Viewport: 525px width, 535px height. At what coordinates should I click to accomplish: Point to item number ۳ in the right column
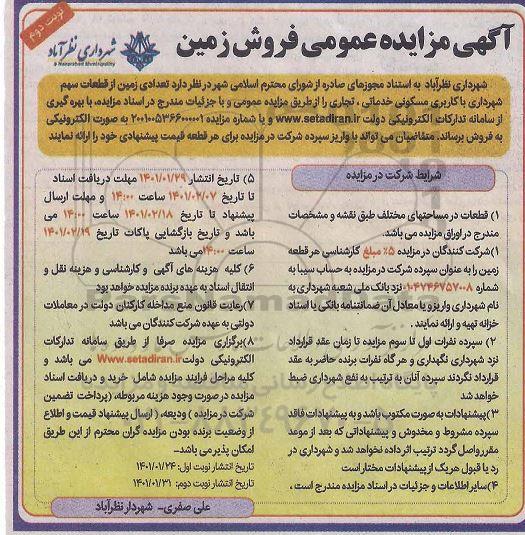tap(508, 410)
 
